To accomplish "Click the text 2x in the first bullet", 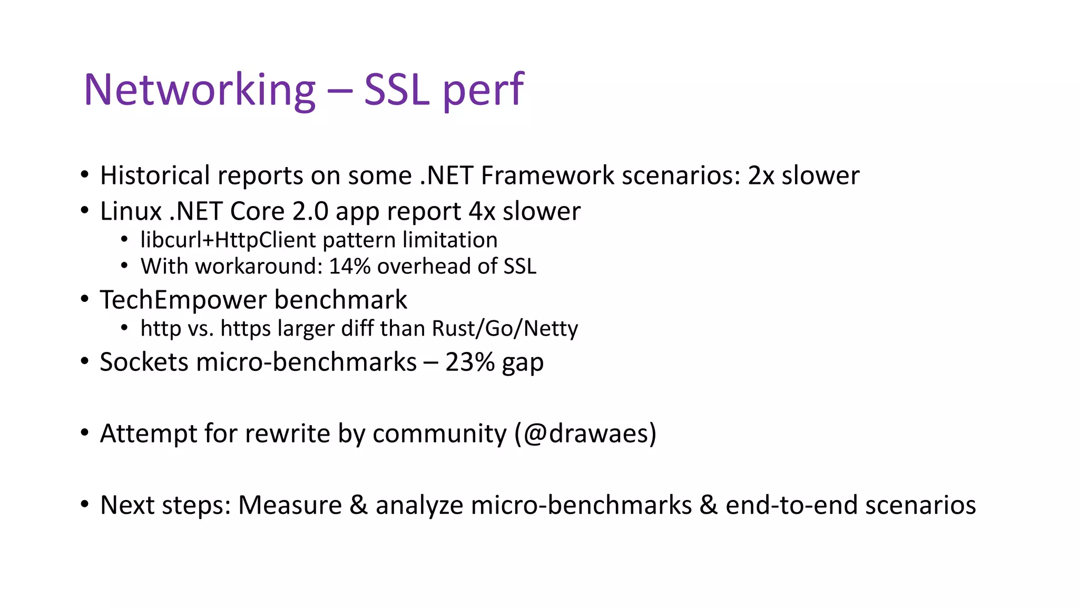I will pos(761,175).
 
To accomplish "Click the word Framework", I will pos(547,175).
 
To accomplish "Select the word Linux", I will pos(131,211).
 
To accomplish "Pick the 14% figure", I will pos(350,266).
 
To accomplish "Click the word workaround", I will pos(258,266).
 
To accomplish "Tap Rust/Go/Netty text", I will pos(505,328).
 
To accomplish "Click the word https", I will pos(245,328).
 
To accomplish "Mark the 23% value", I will pos(469,362).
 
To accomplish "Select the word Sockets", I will pos(144,362).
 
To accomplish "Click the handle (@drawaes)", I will pos(585,434).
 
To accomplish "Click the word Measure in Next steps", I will pos(290,505).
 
